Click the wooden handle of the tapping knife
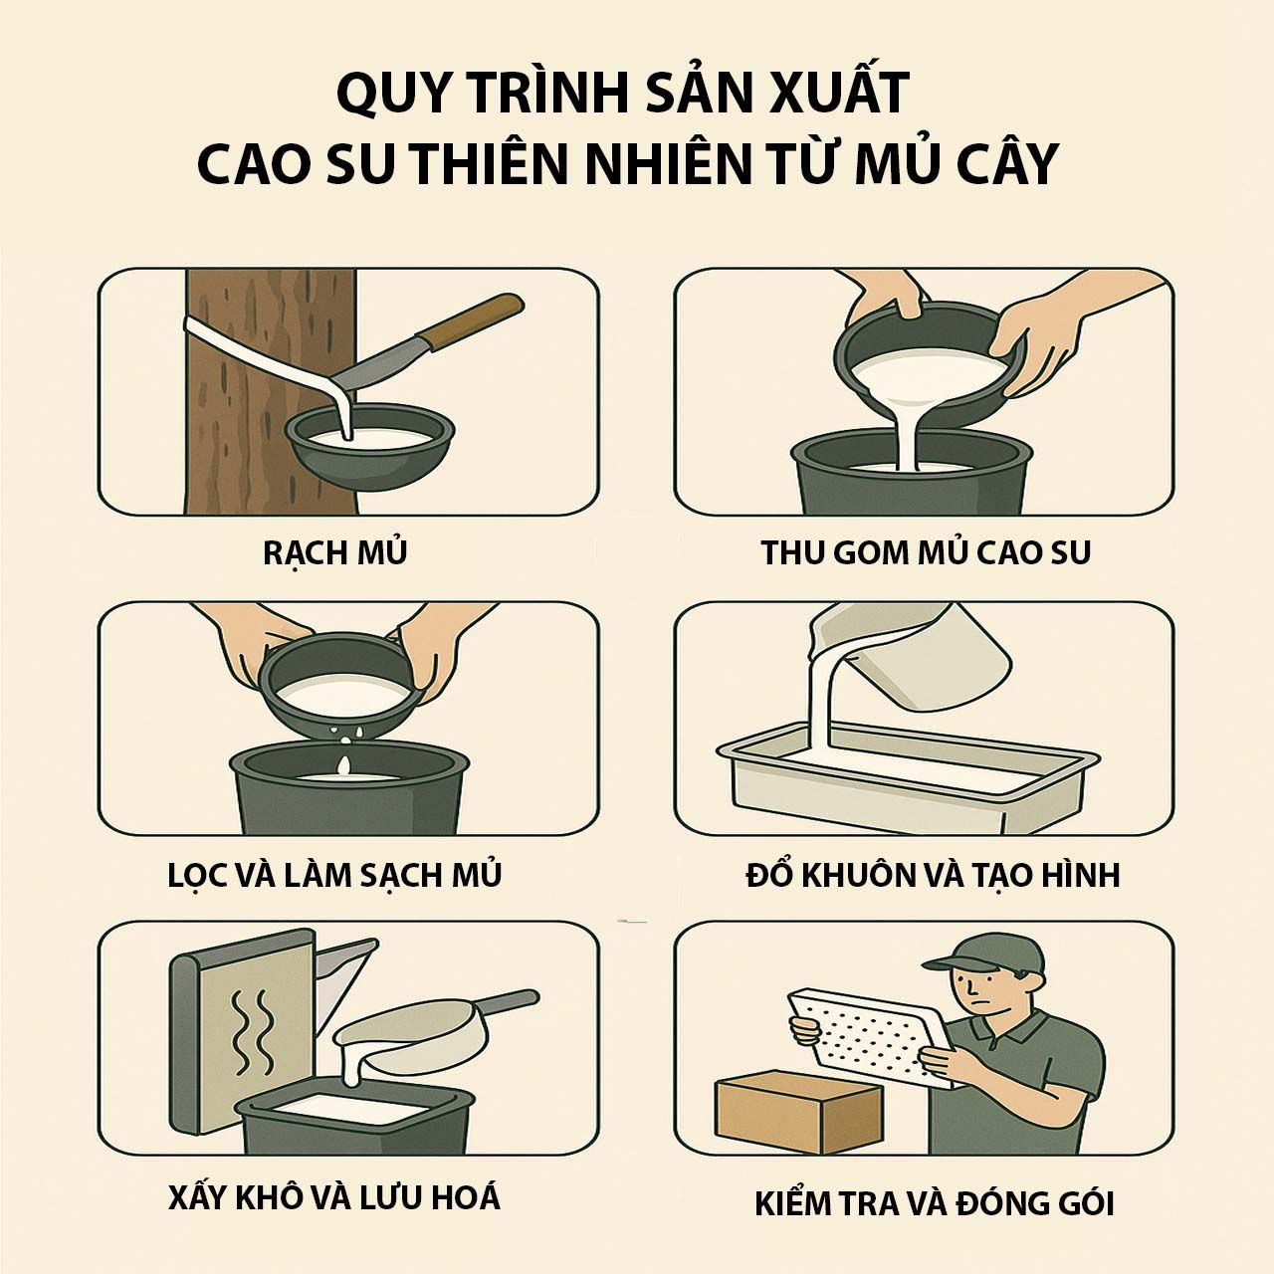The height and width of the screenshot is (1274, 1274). click(478, 320)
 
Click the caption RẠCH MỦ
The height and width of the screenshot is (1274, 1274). click(335, 552)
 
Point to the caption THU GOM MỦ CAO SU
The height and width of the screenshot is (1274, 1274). click(926, 552)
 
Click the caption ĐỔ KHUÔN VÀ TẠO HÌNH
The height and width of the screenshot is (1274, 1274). click(933, 875)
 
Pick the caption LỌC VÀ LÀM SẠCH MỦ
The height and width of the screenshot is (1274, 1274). click(335, 875)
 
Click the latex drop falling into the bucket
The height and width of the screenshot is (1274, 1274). click(343, 765)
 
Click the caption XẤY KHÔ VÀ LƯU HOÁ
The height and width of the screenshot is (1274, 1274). click(334, 1197)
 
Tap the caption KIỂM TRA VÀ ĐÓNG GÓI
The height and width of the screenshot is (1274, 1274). click(934, 1204)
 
